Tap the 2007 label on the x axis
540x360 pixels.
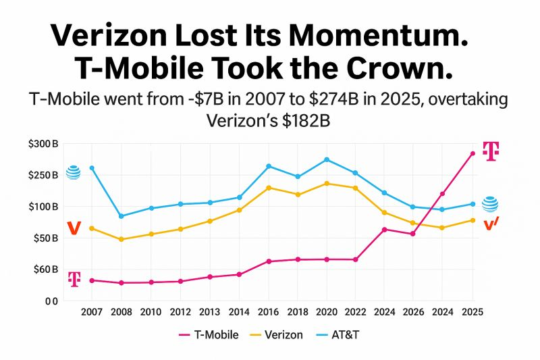(x=92, y=312)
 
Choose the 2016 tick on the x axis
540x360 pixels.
(x=269, y=312)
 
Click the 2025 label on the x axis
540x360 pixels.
(x=473, y=312)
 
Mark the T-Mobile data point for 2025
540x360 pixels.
(x=473, y=154)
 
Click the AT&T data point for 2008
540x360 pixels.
(x=121, y=216)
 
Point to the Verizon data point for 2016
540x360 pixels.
(x=269, y=188)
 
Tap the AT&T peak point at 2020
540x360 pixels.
(x=327, y=159)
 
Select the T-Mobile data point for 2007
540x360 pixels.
(x=92, y=280)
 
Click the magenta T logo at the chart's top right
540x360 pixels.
(x=491, y=151)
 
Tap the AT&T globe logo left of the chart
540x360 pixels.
(x=73, y=172)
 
